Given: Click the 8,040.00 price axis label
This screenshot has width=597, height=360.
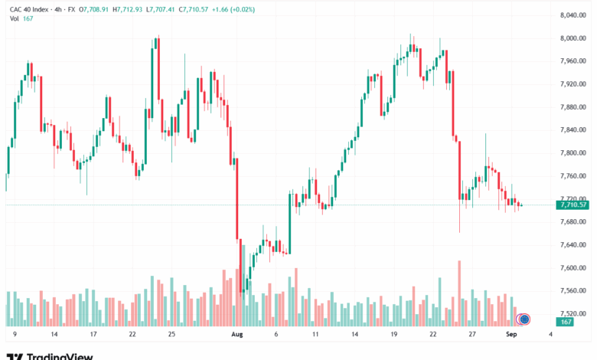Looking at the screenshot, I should click(x=573, y=15).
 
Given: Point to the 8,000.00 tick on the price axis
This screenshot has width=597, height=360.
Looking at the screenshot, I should click(x=573, y=38).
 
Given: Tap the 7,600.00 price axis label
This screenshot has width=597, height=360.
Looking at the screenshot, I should click(x=573, y=267).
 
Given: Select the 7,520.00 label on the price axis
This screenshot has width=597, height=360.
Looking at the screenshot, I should click(x=573, y=313).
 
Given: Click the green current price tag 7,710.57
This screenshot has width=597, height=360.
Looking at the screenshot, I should click(x=573, y=205).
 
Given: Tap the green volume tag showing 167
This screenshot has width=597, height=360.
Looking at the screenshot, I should click(x=566, y=322).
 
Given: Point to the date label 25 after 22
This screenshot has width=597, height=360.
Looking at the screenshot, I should click(x=171, y=335).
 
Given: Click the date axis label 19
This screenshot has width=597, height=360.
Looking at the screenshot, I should click(x=393, y=335).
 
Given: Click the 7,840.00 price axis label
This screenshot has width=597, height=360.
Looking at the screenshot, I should click(x=573, y=129).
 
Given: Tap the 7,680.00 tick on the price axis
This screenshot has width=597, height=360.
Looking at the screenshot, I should click(x=573, y=221).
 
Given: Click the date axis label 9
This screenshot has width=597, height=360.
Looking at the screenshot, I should click(x=15, y=335).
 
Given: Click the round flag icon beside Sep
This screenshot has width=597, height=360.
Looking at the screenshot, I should click(x=524, y=319).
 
